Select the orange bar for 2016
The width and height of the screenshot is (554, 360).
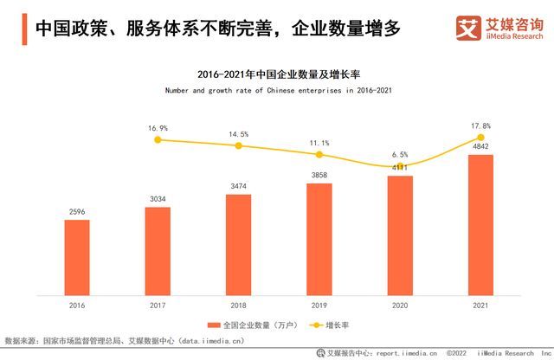point(76,256)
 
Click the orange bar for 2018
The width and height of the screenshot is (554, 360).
point(238,243)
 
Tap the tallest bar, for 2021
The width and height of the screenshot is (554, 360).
point(480,224)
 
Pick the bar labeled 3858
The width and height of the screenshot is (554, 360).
point(319,238)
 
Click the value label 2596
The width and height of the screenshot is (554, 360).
point(76,210)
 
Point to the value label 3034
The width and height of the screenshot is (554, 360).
point(157,198)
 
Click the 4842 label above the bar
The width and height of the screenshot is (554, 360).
point(480,146)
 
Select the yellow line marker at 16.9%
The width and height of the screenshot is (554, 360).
point(157,138)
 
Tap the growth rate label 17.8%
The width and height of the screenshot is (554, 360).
point(480,125)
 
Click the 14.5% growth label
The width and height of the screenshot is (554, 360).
point(238,134)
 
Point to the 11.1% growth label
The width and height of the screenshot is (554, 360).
point(319,143)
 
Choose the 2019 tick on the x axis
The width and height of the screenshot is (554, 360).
point(319,305)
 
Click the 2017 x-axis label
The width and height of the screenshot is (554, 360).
point(157,305)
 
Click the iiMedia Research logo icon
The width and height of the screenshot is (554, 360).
point(468,29)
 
